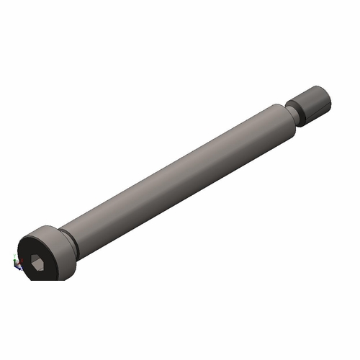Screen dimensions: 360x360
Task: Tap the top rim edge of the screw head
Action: [x=43, y=228]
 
